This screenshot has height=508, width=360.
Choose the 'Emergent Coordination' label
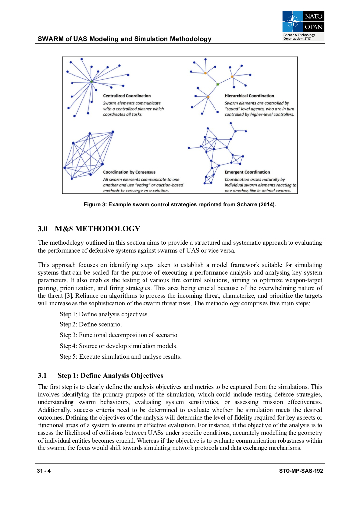coord(247,172)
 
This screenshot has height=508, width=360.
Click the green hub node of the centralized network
coord(91,81)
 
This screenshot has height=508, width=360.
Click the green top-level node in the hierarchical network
coord(218,85)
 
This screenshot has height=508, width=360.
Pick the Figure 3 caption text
coord(180,205)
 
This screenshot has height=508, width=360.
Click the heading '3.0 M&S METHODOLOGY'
coord(89,229)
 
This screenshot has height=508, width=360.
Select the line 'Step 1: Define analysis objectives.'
coord(104,314)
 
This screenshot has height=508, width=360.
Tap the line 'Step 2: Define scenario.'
coord(91,324)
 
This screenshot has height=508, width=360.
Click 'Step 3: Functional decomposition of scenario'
coord(118,335)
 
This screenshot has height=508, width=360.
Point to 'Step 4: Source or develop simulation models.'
coord(119,346)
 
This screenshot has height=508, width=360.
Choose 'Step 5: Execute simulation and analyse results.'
coord(121,356)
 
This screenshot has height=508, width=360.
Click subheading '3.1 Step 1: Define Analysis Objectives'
coord(101,375)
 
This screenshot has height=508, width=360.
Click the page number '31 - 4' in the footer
coord(44,470)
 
